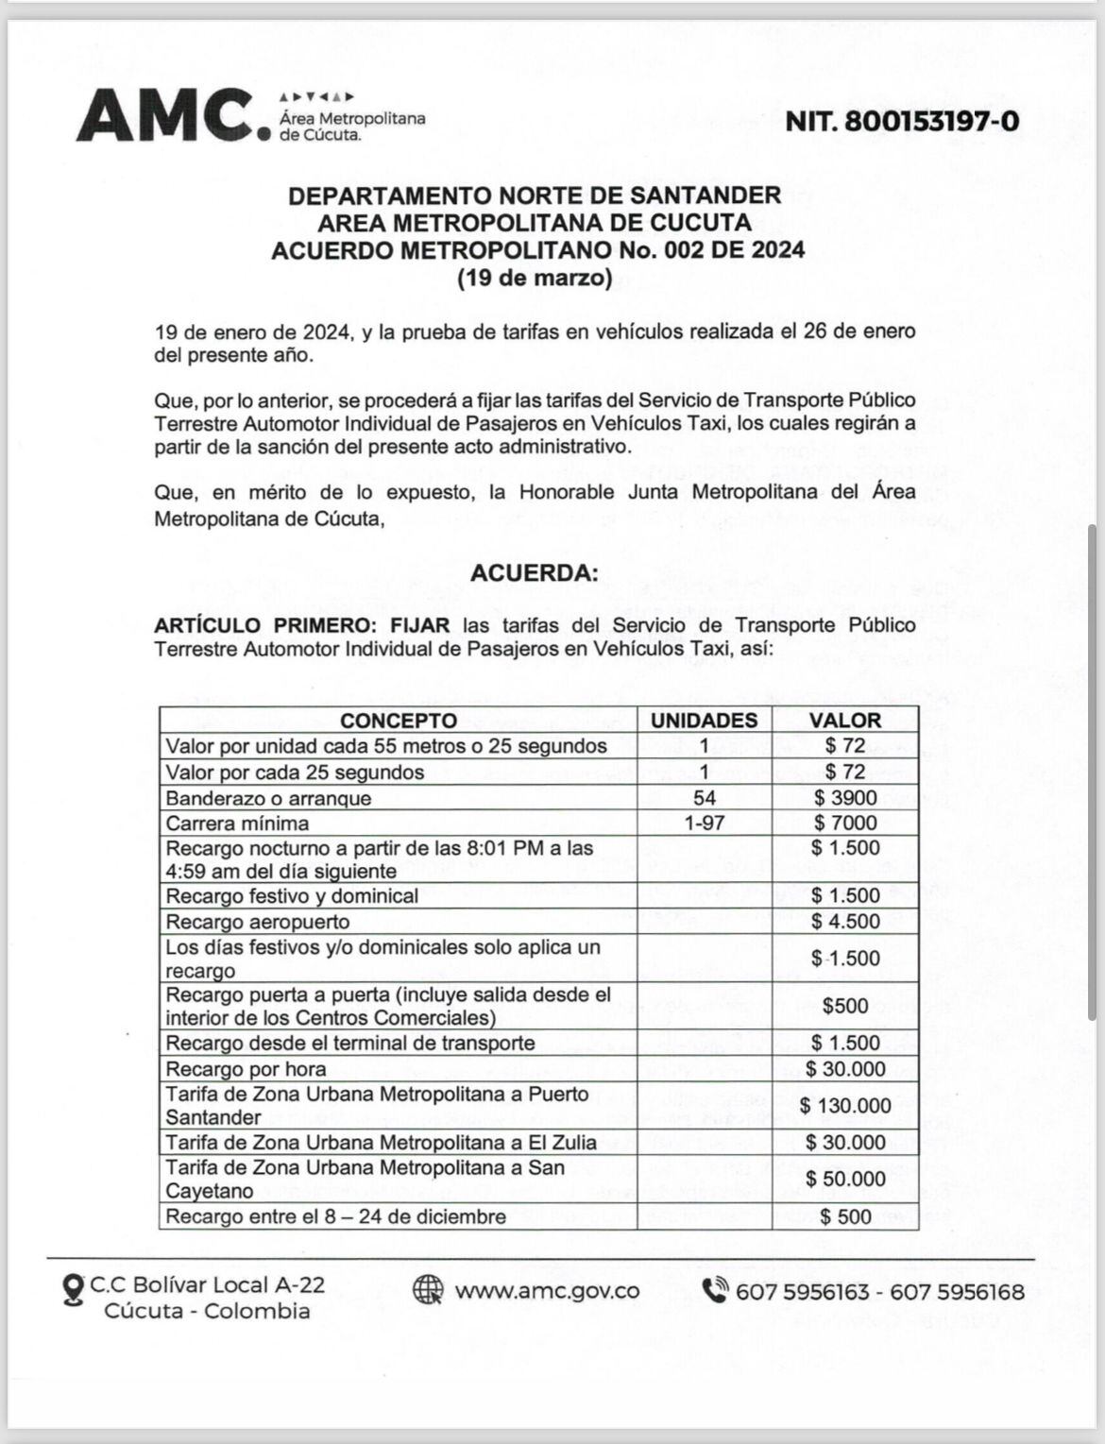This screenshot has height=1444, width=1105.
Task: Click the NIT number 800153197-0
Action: click(x=902, y=121)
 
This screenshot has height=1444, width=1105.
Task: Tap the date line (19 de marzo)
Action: click(x=535, y=279)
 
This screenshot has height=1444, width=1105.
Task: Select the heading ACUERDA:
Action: click(x=535, y=573)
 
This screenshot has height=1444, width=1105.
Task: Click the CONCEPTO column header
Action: click(x=399, y=720)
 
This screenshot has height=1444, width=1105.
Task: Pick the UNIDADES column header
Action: click(x=705, y=720)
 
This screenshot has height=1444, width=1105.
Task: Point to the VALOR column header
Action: click(x=844, y=720)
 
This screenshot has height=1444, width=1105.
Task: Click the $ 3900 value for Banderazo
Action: click(x=844, y=798)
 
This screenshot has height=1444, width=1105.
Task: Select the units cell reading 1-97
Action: click(x=705, y=823)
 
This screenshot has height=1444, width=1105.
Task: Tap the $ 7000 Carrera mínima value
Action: click(x=844, y=823)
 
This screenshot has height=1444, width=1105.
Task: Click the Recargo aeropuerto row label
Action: click(x=258, y=922)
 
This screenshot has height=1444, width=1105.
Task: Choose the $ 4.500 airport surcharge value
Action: click(x=844, y=922)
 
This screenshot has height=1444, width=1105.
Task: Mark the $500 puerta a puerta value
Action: click(x=844, y=1006)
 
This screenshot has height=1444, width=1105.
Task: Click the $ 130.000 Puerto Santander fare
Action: click(x=844, y=1106)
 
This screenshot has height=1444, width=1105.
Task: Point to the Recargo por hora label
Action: click(x=246, y=1069)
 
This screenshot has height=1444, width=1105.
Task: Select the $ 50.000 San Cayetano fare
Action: click(x=844, y=1179)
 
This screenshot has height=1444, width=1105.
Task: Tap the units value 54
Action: click(x=705, y=798)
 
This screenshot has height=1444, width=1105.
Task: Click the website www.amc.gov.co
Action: click(x=547, y=1290)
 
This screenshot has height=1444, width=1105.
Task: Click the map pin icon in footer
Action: click(x=72, y=1291)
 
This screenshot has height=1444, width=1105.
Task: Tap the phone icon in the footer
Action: click(x=716, y=1290)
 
